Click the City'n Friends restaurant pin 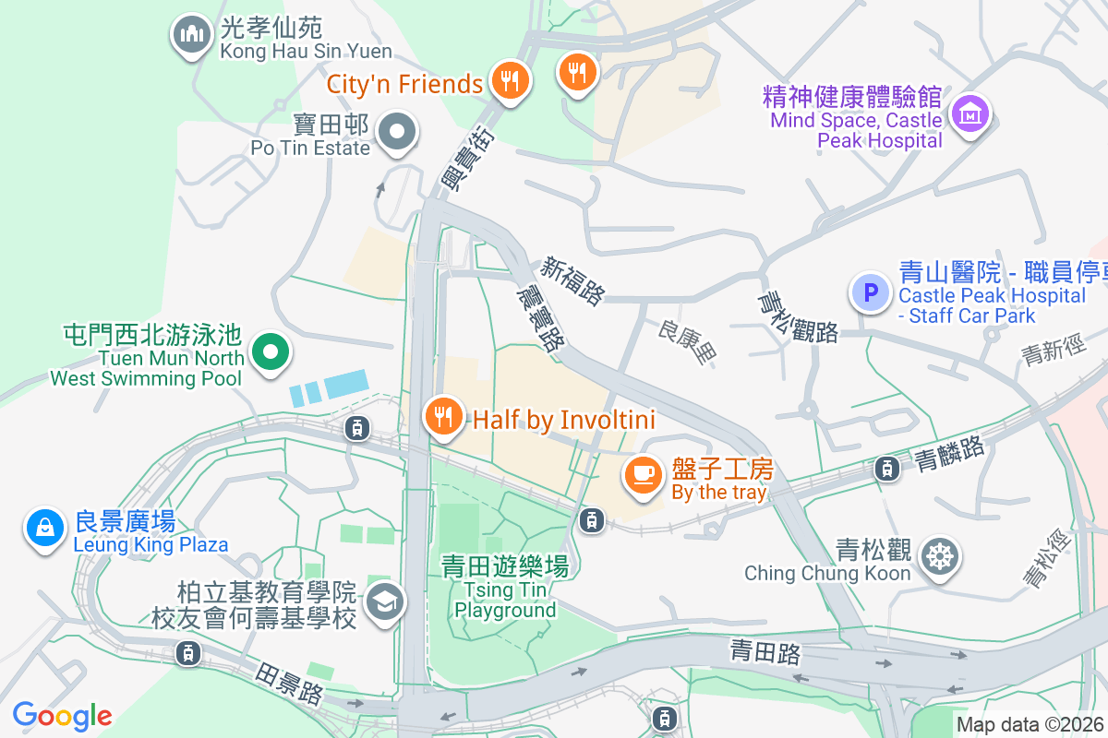[508, 80]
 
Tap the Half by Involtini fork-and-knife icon [444, 417]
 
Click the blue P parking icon [869, 293]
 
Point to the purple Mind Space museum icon [970, 114]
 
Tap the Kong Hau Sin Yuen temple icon [192, 35]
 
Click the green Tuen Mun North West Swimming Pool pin [271, 352]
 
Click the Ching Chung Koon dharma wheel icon [940, 556]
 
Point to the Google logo [62, 715]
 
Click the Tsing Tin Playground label [504, 587]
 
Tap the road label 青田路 [765, 652]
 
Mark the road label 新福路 [573, 280]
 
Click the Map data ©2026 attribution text [1030, 724]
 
